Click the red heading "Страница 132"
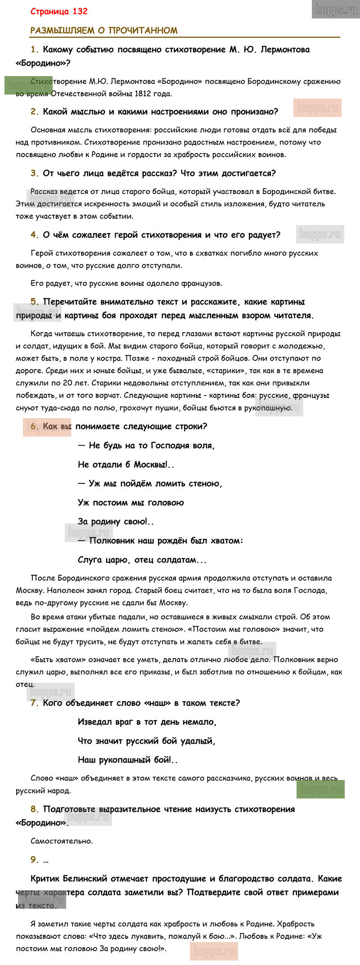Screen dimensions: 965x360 click(x=59, y=12)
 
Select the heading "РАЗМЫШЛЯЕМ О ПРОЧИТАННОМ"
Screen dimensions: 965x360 click(x=104, y=31)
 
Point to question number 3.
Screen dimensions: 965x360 click(x=35, y=173)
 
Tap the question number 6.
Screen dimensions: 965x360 click(x=35, y=426)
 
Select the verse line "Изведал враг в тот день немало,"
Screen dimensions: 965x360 click(x=147, y=722)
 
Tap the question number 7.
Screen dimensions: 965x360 click(x=35, y=703)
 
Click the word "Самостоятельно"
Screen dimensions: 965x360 click(x=62, y=841)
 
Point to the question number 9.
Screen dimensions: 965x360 click(x=35, y=860)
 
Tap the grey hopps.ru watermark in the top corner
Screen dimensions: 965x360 click(x=336, y=9)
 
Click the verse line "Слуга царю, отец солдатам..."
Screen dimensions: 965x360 click(x=142, y=560)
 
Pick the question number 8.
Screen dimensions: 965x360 click(x=35, y=809)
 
